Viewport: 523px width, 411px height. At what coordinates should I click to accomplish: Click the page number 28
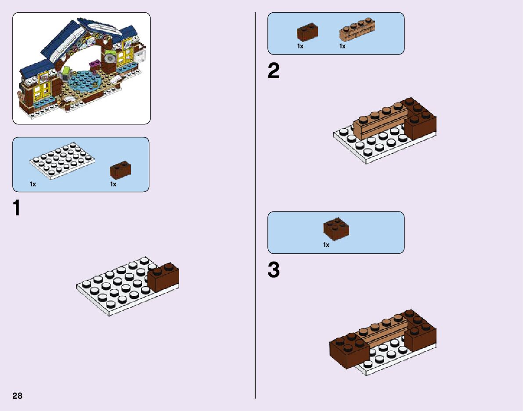click(x=17, y=395)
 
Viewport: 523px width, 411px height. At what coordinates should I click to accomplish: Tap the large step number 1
click(x=17, y=208)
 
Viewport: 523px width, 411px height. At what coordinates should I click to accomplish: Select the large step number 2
click(x=274, y=71)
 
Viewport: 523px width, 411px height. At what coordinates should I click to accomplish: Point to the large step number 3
click(x=274, y=270)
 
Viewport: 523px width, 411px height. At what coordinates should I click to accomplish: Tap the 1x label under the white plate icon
click(x=33, y=185)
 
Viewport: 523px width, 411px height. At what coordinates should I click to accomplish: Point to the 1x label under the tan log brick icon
click(x=343, y=46)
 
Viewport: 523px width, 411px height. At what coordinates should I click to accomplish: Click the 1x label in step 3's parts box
click(x=326, y=245)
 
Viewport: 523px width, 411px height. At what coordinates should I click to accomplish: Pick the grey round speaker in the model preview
click(x=111, y=57)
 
